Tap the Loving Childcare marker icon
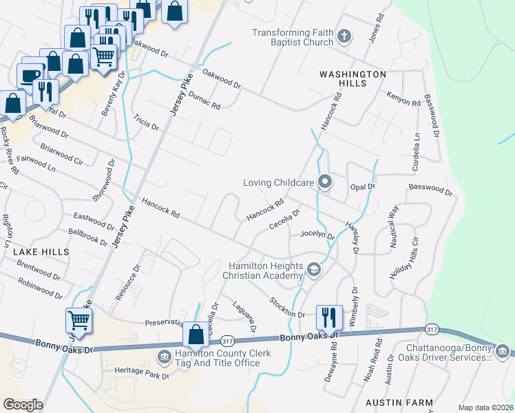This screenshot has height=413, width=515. point(325,182)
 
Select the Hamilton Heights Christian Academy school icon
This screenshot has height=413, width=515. point(314,269)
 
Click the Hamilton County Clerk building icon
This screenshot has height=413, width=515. point(165,356)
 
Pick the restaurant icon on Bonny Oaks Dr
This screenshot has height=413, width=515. point(328,317)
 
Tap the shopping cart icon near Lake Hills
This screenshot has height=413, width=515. point(78,320)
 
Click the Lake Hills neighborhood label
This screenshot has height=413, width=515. point(41,252)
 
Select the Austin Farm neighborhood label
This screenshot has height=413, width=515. point(399,403)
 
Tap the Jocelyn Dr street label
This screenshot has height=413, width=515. point(317,235)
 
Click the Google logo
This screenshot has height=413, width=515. point(23,405)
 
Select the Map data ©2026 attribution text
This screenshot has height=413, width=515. point(485,407)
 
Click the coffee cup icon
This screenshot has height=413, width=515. point(31,75)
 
